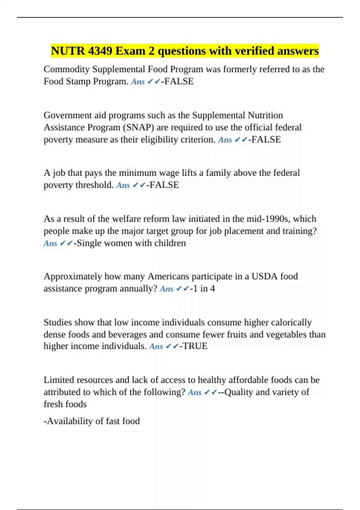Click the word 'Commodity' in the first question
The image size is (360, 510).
(67, 69)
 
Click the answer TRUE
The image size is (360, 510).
(195, 346)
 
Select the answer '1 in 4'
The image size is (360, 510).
(204, 289)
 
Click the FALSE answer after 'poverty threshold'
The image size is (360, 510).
(164, 185)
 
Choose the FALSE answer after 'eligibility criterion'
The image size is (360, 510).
(266, 139)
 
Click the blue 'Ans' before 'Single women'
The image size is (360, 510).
(50, 243)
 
